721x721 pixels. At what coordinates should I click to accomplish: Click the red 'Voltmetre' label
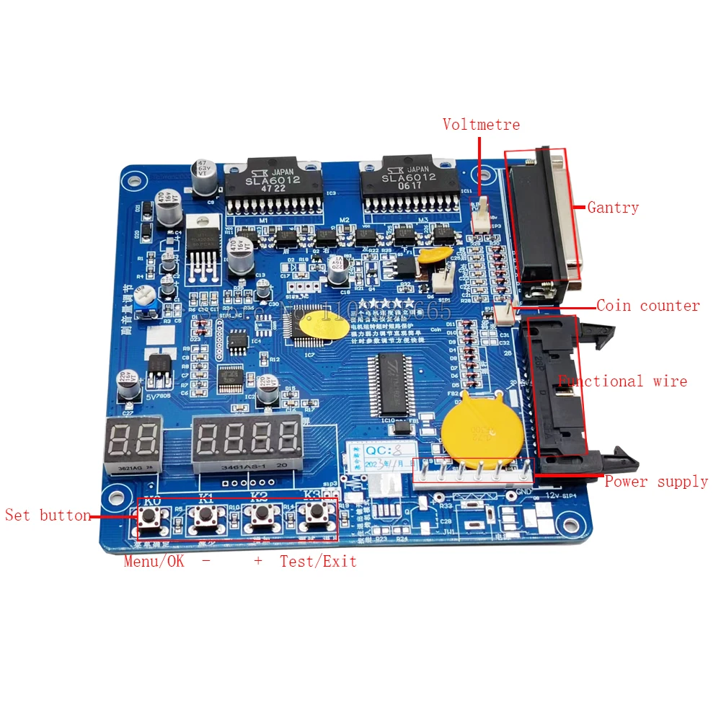[481, 125]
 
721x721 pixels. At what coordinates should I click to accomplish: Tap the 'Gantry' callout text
[613, 208]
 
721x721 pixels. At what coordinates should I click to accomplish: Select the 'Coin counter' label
[648, 306]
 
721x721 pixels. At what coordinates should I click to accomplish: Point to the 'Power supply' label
[656, 481]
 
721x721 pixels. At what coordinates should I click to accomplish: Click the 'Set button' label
[48, 516]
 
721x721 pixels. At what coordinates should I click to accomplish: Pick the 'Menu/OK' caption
[154, 561]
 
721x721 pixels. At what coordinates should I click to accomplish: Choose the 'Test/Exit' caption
[318, 561]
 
